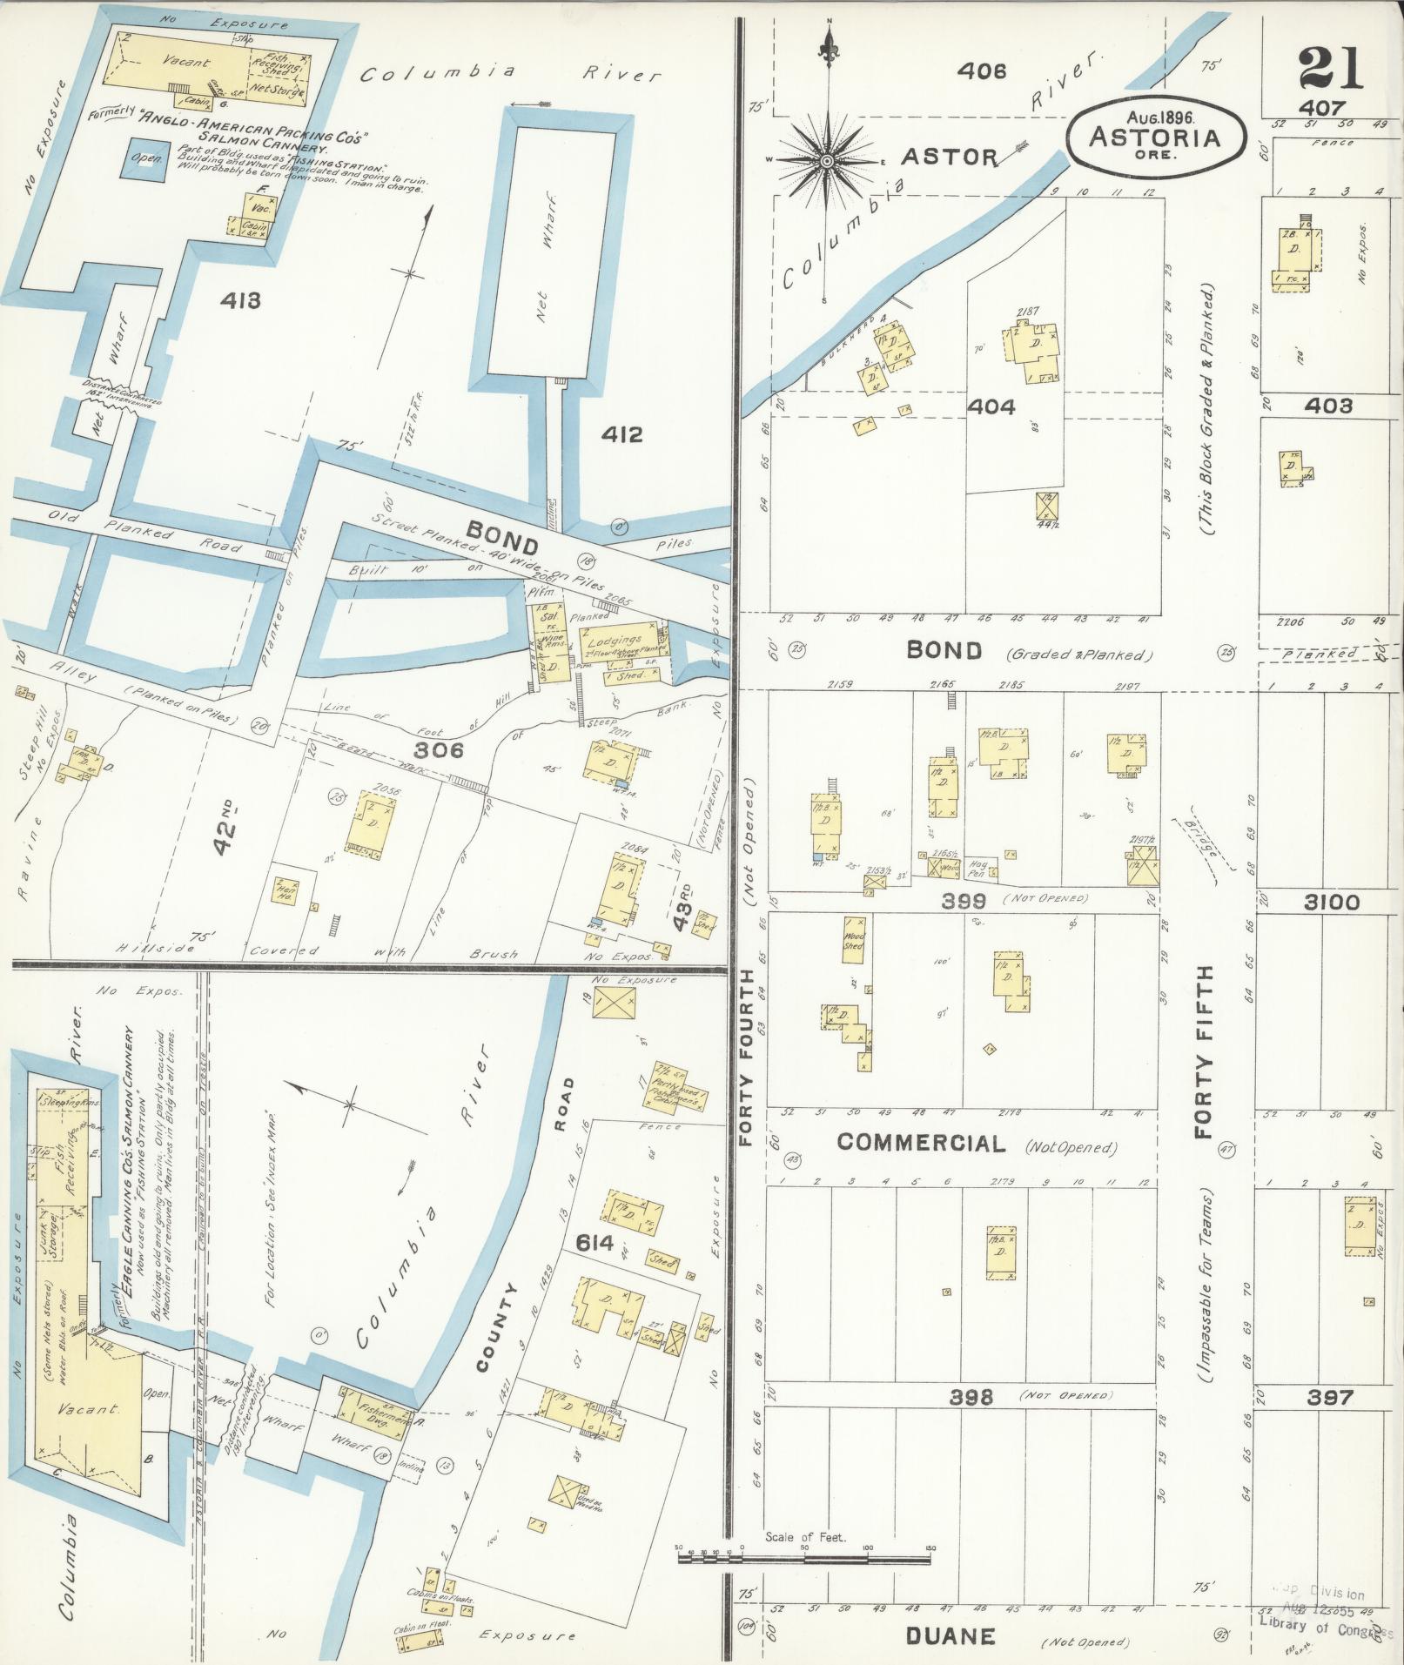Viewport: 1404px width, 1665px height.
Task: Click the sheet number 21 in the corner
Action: (x=1330, y=69)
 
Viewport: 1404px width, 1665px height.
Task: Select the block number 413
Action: (x=239, y=301)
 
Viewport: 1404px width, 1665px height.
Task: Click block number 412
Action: (x=621, y=433)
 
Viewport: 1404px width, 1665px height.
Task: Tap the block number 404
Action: (x=992, y=406)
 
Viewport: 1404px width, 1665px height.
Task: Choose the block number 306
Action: (x=439, y=749)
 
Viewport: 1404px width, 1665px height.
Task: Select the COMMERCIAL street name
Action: (x=921, y=1143)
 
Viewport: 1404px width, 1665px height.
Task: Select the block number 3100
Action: (x=1332, y=903)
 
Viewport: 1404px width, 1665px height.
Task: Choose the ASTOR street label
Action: (x=949, y=157)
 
